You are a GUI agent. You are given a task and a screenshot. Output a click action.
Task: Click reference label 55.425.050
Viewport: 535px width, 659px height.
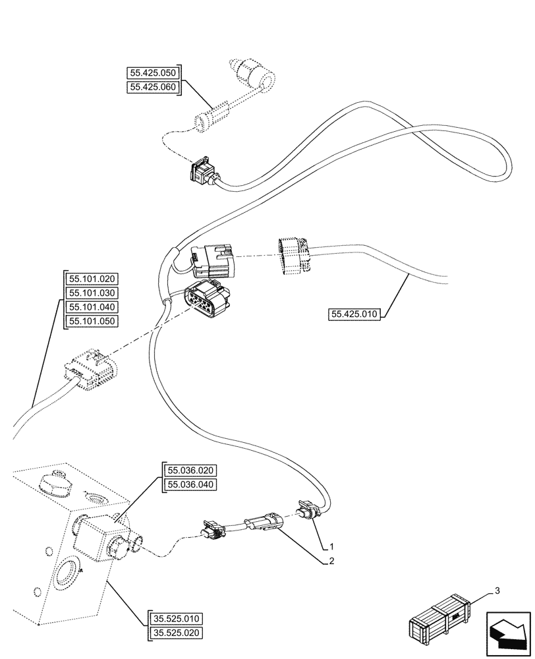pyautogui.click(x=153, y=73)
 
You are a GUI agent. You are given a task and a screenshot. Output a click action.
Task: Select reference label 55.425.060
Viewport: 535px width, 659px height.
pyautogui.click(x=153, y=87)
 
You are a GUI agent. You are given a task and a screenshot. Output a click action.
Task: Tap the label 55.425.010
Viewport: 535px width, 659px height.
pyautogui.click(x=354, y=314)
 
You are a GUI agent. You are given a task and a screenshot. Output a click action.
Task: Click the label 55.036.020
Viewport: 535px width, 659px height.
pyautogui.click(x=191, y=471)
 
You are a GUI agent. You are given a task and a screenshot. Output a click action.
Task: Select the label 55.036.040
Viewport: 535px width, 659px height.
pyautogui.click(x=191, y=484)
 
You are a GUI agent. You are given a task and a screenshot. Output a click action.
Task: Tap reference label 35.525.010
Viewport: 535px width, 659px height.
pyautogui.click(x=176, y=619)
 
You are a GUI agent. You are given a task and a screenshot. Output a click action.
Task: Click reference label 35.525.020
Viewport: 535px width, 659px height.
pyautogui.click(x=176, y=633)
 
